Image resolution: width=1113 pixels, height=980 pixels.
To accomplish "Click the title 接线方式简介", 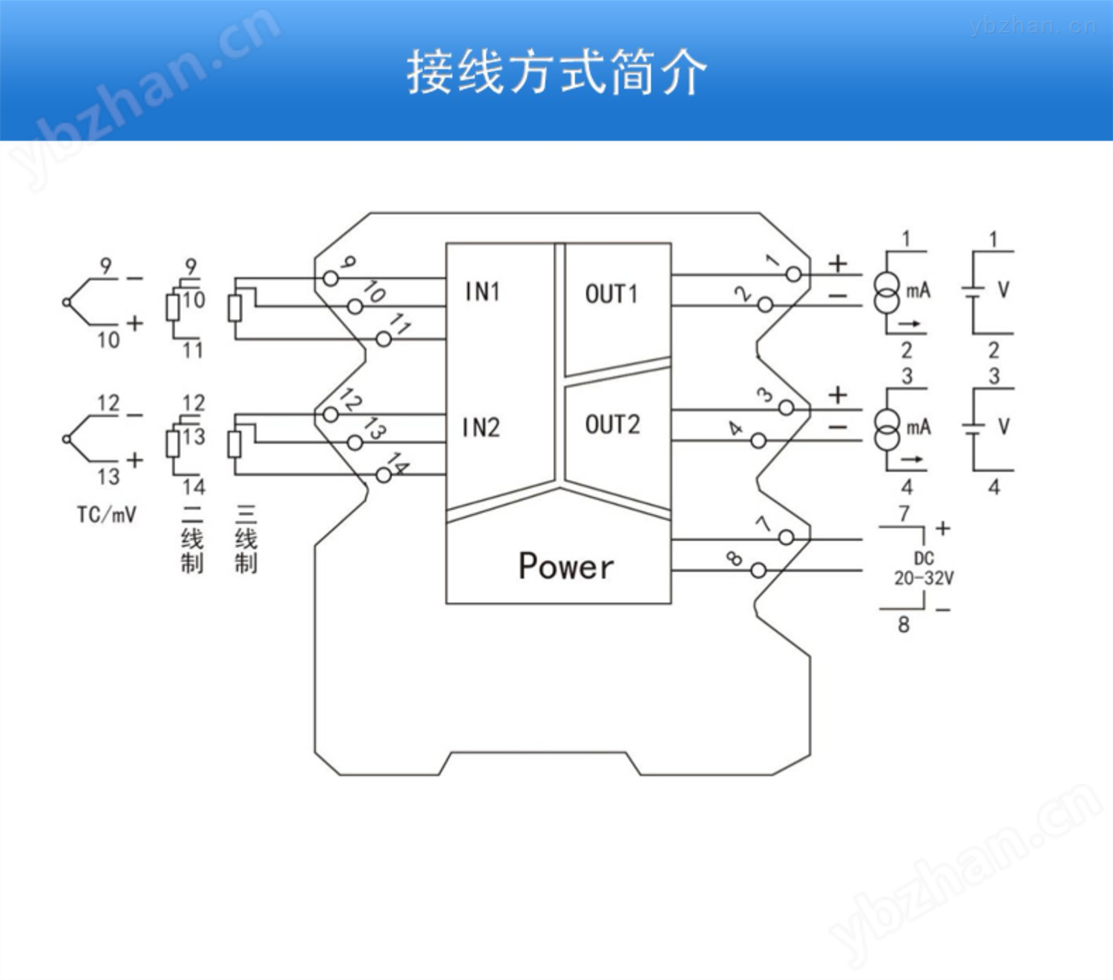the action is [556, 73].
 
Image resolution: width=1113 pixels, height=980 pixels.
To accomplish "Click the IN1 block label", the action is [483, 292].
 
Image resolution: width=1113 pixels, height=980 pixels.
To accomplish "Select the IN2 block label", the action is [482, 428].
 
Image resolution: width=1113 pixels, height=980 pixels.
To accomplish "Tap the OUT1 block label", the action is [611, 294].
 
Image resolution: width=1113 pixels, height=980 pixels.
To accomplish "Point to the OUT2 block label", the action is [613, 424].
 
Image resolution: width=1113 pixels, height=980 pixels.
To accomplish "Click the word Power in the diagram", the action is [566, 566].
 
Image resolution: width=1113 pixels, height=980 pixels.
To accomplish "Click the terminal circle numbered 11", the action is [384, 340].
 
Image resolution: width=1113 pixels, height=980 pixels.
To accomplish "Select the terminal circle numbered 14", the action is [384, 476].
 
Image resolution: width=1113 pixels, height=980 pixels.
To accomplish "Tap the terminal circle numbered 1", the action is [793, 274].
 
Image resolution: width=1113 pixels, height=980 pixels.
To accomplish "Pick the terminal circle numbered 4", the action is [758, 441].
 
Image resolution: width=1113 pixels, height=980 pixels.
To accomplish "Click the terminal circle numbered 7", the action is [786, 537].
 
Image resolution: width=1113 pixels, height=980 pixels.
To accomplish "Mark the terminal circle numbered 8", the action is [758, 570].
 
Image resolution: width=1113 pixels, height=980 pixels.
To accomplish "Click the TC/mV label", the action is [107, 515].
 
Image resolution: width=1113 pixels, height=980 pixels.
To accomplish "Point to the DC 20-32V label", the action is [924, 568].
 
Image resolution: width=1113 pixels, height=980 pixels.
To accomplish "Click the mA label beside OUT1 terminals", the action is [919, 291].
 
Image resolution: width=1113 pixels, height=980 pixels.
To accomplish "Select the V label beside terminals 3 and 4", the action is [1004, 427].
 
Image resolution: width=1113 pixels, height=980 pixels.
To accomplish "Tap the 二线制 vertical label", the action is [192, 539].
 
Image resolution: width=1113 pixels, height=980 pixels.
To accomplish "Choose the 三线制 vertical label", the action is [246, 539].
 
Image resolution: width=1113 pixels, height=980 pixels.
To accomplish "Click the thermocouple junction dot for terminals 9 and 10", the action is [67, 302].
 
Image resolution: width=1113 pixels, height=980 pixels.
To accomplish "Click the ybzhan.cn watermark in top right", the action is [1033, 26].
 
